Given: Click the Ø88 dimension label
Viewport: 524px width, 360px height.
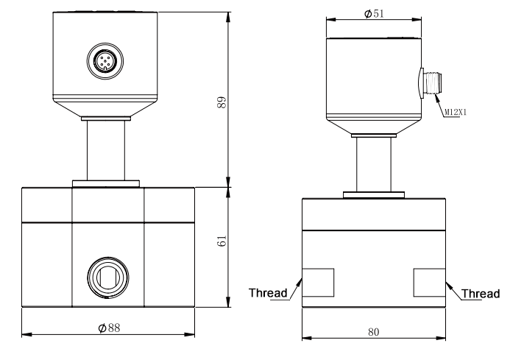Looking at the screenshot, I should pyautogui.click(x=109, y=328).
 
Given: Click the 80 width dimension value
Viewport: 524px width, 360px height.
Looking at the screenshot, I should pyautogui.click(x=374, y=332).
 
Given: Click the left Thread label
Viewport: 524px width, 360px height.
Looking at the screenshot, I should pyautogui.click(x=268, y=293).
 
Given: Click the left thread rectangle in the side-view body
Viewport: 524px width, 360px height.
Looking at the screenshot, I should pyautogui.click(x=318, y=283).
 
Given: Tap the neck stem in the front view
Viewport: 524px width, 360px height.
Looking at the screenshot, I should pyautogui.click(x=107, y=152).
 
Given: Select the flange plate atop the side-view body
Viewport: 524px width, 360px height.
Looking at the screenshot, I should pyautogui.click(x=373, y=195).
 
